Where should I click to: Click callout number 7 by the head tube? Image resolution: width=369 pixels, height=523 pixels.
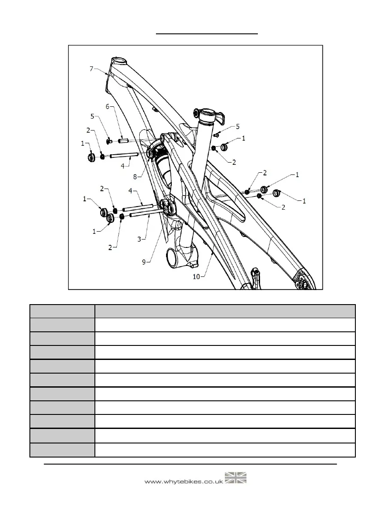click(91, 69)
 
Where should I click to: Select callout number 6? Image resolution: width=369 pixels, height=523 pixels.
click(107, 107)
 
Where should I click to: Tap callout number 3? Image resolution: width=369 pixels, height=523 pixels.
click(139, 239)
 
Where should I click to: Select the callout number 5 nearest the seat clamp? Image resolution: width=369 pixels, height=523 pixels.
click(238, 127)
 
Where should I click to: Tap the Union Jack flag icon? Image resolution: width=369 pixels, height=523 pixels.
click(236, 478)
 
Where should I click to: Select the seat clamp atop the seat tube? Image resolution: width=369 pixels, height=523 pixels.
click(208, 115)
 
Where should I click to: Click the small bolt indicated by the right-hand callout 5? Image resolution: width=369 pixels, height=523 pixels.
click(217, 134)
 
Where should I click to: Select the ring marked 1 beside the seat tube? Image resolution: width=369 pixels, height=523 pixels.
click(224, 147)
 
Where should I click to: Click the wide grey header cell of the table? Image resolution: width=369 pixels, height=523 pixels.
click(224, 311)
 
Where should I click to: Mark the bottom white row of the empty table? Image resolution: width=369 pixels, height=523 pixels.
click(224, 450)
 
